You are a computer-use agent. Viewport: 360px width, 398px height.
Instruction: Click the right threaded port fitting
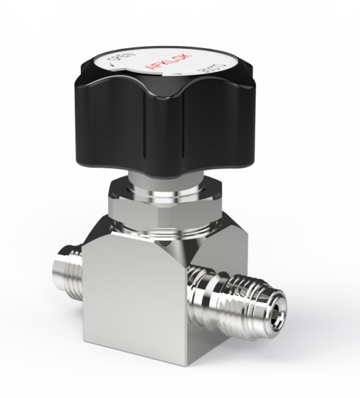click(x=247, y=294)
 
